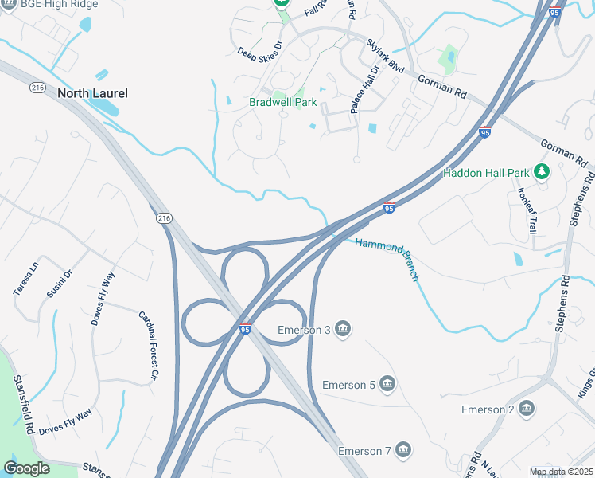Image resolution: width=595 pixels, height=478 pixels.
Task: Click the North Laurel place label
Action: pos(92,93)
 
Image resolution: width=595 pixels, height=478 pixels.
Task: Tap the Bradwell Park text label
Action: pos(283,102)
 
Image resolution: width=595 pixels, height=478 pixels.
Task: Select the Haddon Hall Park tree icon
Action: pos(542,171)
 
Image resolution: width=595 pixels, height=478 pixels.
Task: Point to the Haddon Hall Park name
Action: pos(486,172)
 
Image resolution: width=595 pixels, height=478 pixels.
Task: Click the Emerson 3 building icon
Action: pos(343,330)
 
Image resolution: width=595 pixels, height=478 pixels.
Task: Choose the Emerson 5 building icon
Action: pos(387,385)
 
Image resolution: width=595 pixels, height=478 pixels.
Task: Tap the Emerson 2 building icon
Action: pos(526,409)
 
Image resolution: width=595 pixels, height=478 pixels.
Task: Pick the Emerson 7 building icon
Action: pos(403,451)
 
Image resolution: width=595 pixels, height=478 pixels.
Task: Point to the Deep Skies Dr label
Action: pos(260,51)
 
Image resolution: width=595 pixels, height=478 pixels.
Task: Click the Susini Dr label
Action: pos(60,284)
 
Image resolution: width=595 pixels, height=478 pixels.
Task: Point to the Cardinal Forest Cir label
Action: pos(149,345)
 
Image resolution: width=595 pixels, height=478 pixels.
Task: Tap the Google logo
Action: pos(26,468)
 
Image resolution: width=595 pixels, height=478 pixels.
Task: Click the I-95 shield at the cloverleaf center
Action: pos(246,329)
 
